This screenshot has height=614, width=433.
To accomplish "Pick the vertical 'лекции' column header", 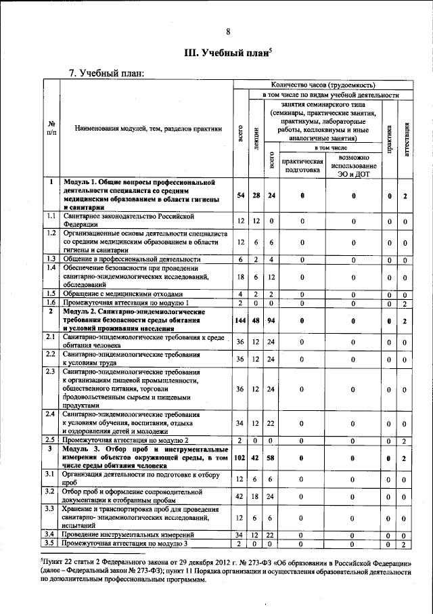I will tap(256, 137).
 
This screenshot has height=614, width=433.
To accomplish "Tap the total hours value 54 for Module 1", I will tap(240, 196).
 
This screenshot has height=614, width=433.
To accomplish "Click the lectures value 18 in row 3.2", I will tap(256, 496).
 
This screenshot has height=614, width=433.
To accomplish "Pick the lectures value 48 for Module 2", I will tap(256, 321).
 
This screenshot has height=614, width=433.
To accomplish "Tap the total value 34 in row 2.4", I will tap(240, 424).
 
